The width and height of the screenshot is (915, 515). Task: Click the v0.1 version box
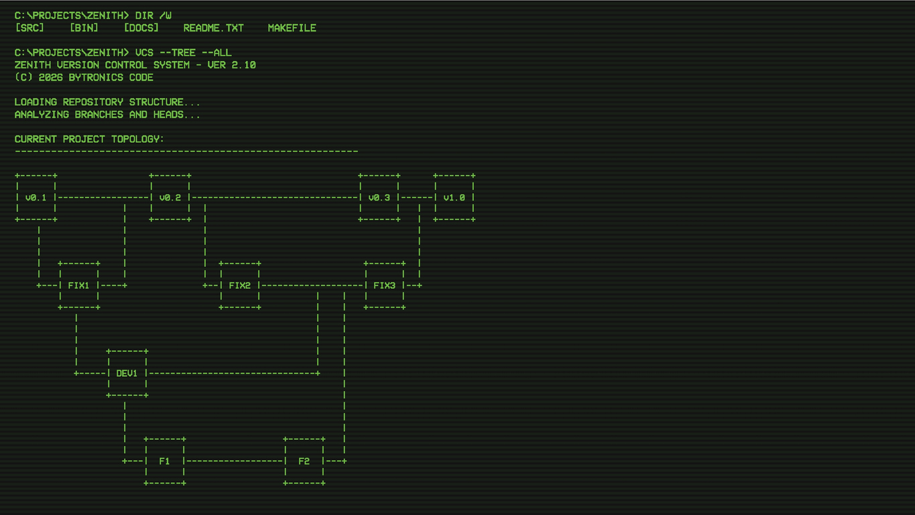tap(36, 198)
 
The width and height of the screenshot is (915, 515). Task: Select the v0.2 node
tap(170, 198)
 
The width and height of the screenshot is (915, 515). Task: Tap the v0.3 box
tap(379, 198)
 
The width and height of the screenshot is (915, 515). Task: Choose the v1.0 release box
tap(454, 198)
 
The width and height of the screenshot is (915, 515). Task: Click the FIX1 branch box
tap(79, 285)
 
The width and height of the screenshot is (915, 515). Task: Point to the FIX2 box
tap(240, 285)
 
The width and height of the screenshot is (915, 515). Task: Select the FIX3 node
tap(384, 285)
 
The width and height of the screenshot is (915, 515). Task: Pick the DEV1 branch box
tap(127, 373)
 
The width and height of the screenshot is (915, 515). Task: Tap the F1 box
tap(165, 461)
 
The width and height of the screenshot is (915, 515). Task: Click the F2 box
tap(304, 461)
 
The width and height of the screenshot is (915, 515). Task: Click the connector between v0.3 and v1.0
tap(417, 198)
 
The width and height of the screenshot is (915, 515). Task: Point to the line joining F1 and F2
tap(235, 461)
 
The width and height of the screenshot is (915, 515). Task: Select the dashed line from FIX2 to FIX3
tap(312, 285)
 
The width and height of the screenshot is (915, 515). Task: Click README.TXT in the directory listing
tap(213, 28)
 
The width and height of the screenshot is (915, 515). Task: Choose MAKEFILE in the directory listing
tap(292, 28)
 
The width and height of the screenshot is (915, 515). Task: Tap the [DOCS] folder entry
tap(141, 27)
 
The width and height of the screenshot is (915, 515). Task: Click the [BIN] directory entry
tap(84, 27)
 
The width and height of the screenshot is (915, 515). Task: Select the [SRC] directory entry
tap(29, 27)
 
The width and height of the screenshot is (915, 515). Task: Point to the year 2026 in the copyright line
tap(51, 78)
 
